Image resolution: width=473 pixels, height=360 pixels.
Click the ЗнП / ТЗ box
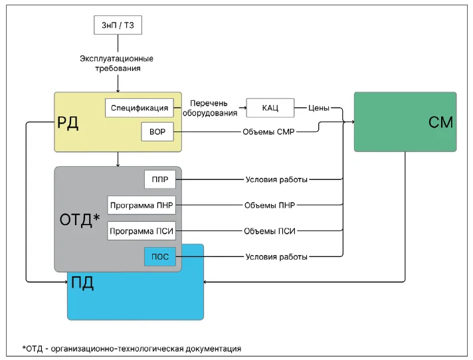118,25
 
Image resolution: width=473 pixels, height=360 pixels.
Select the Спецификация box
140,108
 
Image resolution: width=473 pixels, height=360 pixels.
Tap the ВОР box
157,132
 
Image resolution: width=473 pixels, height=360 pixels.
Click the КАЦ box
270,108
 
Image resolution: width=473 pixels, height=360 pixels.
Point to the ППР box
160,179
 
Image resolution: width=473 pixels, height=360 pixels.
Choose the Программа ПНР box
142,205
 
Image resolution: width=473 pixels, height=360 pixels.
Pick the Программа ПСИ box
142,231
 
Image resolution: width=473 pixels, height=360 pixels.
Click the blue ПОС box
160,256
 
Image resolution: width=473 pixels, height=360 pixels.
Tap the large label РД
68,123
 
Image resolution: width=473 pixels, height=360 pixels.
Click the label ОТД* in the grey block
80,219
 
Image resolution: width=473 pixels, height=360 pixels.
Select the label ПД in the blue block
82,283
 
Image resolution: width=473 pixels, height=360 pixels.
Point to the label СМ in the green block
440,122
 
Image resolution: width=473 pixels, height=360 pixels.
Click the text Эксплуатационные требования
117,63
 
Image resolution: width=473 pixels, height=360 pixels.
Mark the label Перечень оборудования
210,108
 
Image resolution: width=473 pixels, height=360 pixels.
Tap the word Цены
319,108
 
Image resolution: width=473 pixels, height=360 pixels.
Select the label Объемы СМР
268,132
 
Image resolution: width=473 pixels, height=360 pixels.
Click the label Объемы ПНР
270,205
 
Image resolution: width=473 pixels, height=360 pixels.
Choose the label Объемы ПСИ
270,231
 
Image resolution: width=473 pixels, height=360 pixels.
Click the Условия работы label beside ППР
276,180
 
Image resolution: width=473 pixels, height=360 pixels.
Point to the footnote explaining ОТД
132,349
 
